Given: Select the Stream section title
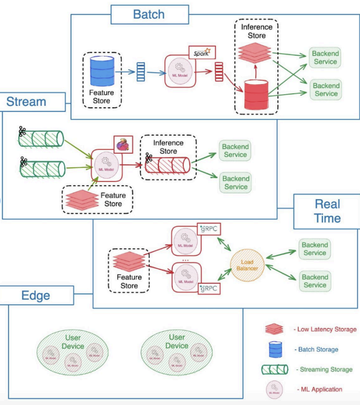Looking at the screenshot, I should pos(26,102).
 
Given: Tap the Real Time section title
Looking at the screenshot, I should pos(327,211).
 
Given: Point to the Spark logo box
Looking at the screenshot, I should pos(202,52).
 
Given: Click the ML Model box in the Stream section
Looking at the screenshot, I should pos(107,164).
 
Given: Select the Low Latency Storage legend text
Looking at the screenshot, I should pos(326,330).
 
